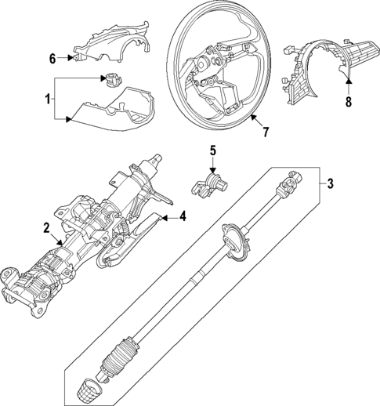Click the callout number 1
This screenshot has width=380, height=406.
click(48, 100)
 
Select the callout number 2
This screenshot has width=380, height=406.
click(47, 228)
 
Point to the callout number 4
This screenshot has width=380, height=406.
click(183, 217)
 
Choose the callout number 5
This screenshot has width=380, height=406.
click(212, 150)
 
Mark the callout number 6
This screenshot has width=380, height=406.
click(52, 58)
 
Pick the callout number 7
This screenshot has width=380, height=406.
click(266, 131)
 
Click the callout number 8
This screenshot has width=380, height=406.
click(349, 100)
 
